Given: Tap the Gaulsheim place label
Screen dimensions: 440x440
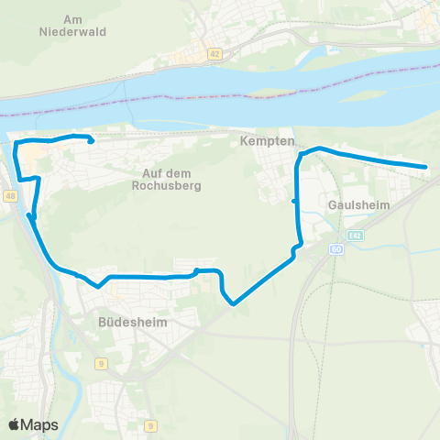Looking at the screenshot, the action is click(x=359, y=205).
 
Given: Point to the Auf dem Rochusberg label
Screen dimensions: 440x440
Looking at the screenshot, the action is click(x=171, y=179).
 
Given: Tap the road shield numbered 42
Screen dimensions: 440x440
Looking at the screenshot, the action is click(x=214, y=55).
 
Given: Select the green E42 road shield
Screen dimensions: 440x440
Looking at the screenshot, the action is click(x=355, y=236).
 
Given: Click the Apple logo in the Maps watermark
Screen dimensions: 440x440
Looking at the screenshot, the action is click(x=15, y=424).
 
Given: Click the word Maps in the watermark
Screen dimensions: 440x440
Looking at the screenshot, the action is click(x=41, y=424).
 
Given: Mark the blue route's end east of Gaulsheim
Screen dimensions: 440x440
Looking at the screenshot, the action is click(x=426, y=167).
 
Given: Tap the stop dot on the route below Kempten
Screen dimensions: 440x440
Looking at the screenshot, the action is click(x=293, y=201).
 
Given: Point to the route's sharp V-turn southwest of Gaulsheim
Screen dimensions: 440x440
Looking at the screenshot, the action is click(x=234, y=302).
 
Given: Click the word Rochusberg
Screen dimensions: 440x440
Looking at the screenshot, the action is click(x=171, y=185).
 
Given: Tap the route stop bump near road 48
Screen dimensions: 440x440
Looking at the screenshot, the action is click(x=30, y=216).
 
